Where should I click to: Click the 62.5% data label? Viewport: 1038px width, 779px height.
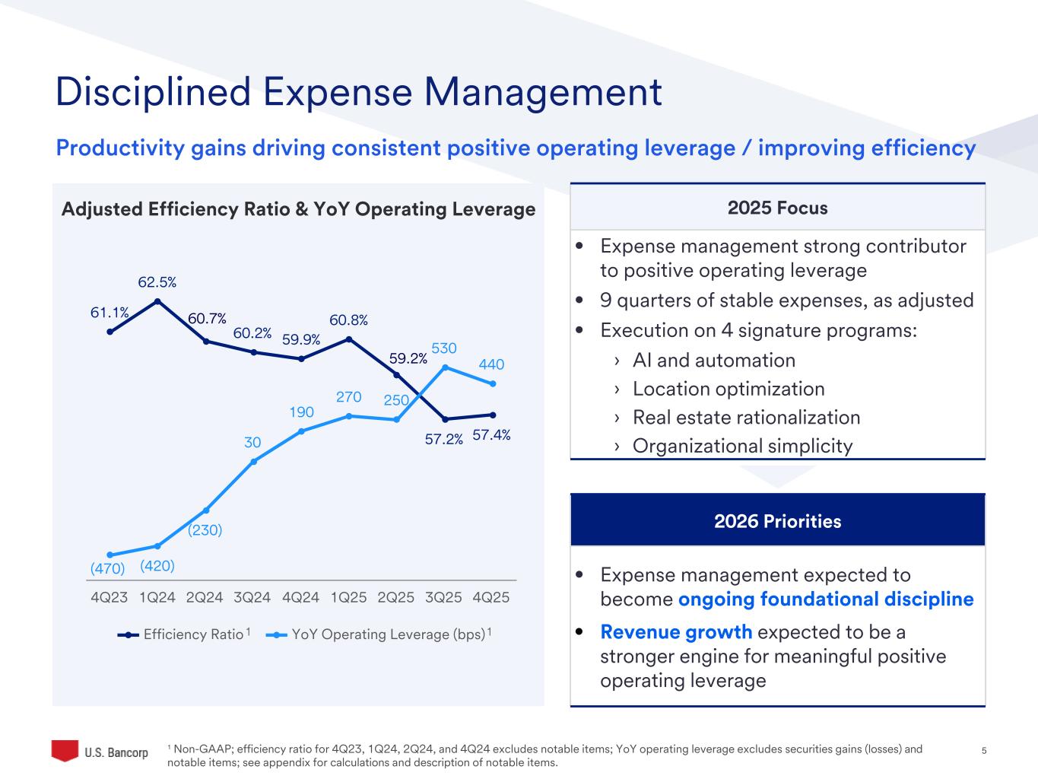[x=157, y=282]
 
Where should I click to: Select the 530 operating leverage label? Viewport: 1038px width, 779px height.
[x=444, y=348]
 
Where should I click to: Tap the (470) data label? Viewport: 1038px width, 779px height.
[x=107, y=568]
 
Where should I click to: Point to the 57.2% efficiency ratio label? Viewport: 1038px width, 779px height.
[x=444, y=439]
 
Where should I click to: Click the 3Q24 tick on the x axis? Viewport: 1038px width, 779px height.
[x=252, y=597]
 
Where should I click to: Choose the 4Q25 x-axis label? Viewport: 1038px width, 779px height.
[x=491, y=597]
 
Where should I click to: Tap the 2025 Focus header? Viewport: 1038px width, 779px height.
[x=777, y=208]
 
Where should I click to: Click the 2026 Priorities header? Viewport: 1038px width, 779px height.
[x=777, y=521]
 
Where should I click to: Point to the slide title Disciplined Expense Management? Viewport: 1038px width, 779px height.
[x=359, y=92]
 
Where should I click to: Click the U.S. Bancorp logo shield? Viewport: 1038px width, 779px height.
[x=65, y=750]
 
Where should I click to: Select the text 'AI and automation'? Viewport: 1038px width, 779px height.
[x=713, y=361]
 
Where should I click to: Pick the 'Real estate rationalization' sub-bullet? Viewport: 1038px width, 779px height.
[x=746, y=418]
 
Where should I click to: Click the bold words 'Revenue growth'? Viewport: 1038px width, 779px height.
[x=676, y=632]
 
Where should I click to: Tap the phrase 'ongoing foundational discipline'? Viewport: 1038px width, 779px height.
[x=826, y=599]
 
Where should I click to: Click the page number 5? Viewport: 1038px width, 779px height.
[x=984, y=751]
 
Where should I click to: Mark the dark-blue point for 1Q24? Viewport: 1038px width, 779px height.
[x=157, y=301]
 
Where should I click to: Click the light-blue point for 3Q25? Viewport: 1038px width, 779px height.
[x=445, y=367]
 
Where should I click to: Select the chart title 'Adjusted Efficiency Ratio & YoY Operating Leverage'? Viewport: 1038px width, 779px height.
[x=298, y=209]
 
